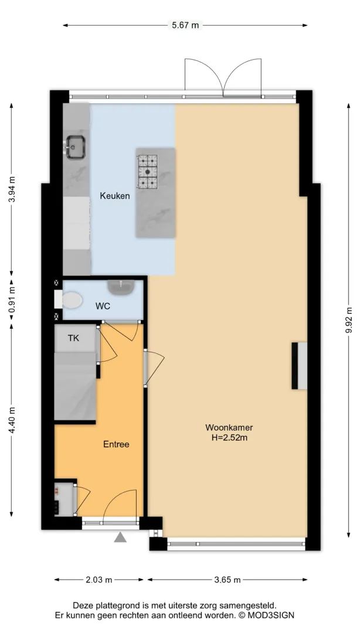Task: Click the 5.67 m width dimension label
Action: (185, 25)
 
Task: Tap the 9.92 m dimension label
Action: (349, 319)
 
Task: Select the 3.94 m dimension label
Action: (12, 189)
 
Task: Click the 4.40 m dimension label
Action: (12, 420)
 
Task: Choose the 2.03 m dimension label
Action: (99, 580)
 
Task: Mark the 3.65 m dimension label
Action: (227, 580)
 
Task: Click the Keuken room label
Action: (115, 196)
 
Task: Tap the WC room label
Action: (103, 306)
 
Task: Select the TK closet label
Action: (73, 338)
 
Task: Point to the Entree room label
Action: (116, 444)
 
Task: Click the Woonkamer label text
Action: (229, 428)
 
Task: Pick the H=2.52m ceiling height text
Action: (229, 438)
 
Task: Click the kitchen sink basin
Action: (76, 147)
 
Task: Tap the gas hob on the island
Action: (147, 172)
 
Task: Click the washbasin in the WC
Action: (121, 287)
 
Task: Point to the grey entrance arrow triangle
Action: (120, 537)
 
